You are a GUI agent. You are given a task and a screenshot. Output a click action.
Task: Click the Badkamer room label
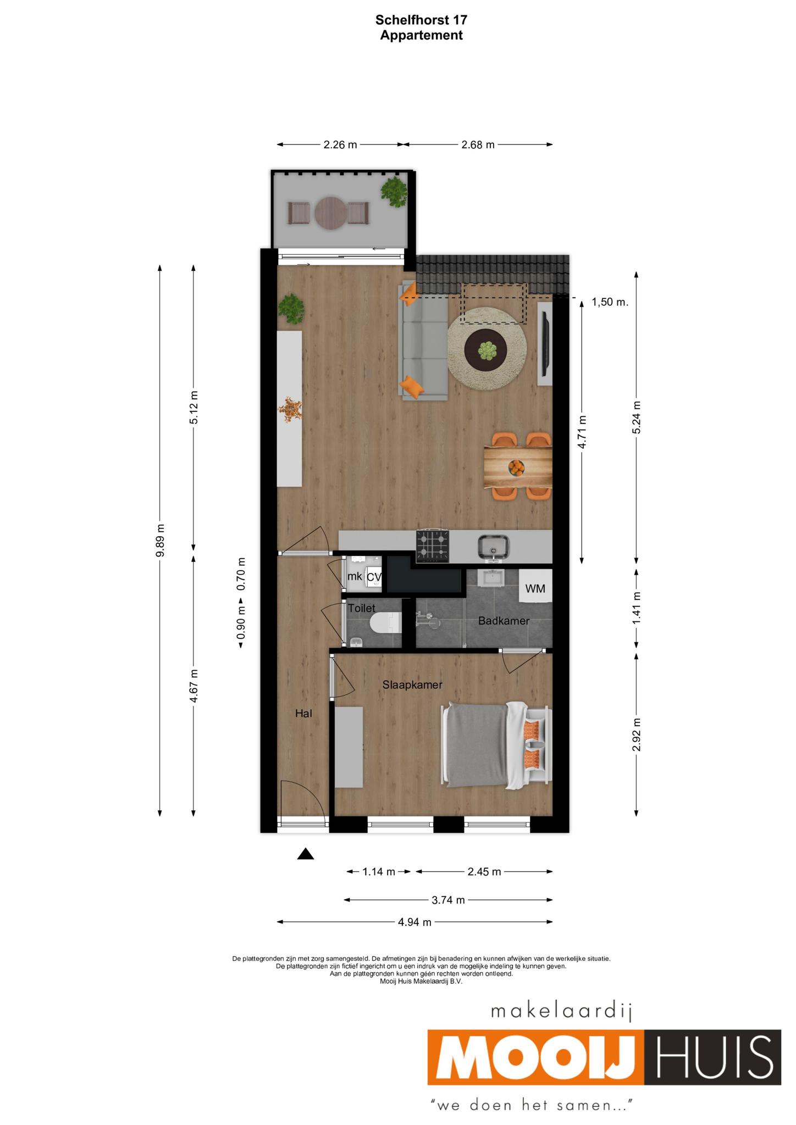pos(504,621)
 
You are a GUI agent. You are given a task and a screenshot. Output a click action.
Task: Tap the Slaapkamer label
pos(412,685)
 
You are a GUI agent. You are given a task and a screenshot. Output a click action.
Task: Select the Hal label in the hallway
pos(303,714)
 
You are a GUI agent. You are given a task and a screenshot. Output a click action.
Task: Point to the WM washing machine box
pos(535,589)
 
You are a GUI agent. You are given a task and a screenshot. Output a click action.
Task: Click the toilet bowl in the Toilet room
pos(386,624)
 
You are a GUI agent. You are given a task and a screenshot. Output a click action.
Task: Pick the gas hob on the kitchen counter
pos(433,547)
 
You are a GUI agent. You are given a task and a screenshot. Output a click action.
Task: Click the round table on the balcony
pos(331,213)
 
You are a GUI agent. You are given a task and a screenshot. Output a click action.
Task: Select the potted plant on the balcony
pos(395,191)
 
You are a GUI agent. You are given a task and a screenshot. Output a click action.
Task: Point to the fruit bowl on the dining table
pos(516,467)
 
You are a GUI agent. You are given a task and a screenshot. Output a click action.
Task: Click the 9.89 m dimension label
pos(160,541)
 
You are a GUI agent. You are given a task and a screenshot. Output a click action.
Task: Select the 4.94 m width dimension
pos(415,922)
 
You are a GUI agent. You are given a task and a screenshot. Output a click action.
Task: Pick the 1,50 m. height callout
pos(610,302)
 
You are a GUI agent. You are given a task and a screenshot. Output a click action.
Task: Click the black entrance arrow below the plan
pos(306,854)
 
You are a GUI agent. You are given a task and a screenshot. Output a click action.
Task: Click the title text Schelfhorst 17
pos(422,20)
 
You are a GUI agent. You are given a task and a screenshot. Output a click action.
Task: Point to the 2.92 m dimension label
pos(637,734)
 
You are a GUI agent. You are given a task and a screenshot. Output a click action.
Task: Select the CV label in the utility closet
pos(374,577)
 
